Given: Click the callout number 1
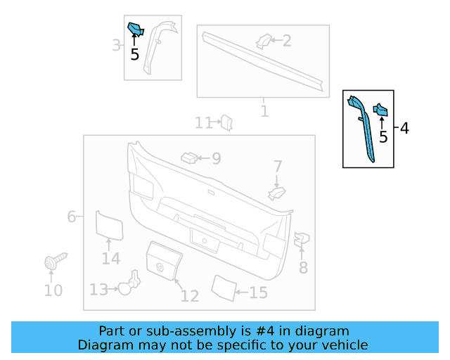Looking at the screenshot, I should coord(264,111).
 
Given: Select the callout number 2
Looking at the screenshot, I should coord(286,40).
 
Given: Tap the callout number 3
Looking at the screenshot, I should coord(117,46).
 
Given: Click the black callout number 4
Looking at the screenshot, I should coord(404,128).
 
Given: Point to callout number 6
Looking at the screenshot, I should coord(72,217).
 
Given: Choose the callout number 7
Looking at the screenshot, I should coord(278,167).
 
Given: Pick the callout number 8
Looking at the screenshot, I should coord(303,267).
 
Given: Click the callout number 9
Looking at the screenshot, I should coord(216,159).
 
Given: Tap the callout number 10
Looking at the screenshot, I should coord(53,290).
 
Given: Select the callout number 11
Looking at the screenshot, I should coord(203,124).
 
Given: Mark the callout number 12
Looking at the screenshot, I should coord(190,296).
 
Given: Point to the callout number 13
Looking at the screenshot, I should coord(98,290).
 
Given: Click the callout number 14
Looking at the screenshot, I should coord(110,259).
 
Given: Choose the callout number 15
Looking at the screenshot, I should coord(258,292).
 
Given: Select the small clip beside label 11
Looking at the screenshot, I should coord(227,122).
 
